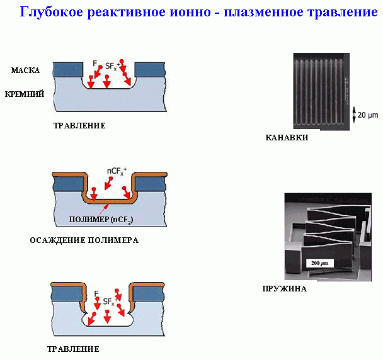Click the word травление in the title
[334, 12]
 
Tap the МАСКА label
[26, 70]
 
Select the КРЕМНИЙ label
[24, 94]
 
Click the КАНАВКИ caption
[287, 137]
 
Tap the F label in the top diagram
[94, 63]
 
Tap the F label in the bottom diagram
[95, 293]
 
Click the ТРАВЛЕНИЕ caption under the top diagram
[79, 125]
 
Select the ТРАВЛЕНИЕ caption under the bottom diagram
[73, 349]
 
